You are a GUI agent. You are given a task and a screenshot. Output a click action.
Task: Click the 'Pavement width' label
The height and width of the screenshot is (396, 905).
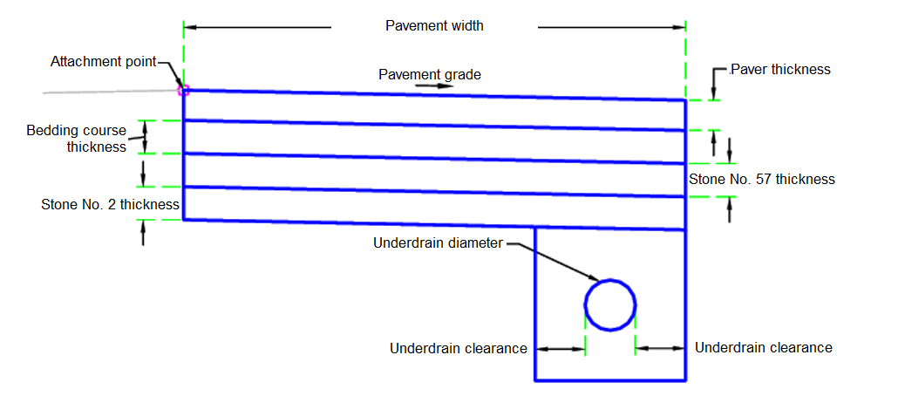[434, 26]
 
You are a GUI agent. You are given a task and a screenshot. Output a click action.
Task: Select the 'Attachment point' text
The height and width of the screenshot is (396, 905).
[103, 62]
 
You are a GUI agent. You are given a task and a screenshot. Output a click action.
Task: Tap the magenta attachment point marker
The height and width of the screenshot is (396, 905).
[183, 89]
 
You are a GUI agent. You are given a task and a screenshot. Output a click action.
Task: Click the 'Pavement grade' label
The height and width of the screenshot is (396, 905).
[429, 74]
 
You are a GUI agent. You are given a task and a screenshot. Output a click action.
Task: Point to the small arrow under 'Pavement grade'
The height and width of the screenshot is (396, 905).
[428, 86]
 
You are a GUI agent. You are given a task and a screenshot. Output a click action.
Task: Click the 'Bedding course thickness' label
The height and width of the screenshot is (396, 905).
[77, 139]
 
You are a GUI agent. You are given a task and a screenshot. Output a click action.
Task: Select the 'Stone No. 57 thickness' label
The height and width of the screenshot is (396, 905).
[762, 179]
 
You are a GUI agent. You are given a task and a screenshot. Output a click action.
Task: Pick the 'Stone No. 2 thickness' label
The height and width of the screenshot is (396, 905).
[110, 205]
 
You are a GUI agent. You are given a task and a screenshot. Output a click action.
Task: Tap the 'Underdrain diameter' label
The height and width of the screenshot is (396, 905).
[438, 243]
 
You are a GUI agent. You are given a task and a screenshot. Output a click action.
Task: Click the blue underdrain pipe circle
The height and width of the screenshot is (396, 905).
[610, 305]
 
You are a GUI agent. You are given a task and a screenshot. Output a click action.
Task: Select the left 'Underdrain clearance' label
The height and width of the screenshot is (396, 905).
[459, 349]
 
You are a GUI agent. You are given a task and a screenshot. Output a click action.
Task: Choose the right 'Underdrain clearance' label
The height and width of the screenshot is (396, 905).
[764, 347]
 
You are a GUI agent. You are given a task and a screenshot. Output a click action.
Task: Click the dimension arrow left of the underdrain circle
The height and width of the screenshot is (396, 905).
[559, 349]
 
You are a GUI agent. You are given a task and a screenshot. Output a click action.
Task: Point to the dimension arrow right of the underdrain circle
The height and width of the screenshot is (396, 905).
[661, 348]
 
